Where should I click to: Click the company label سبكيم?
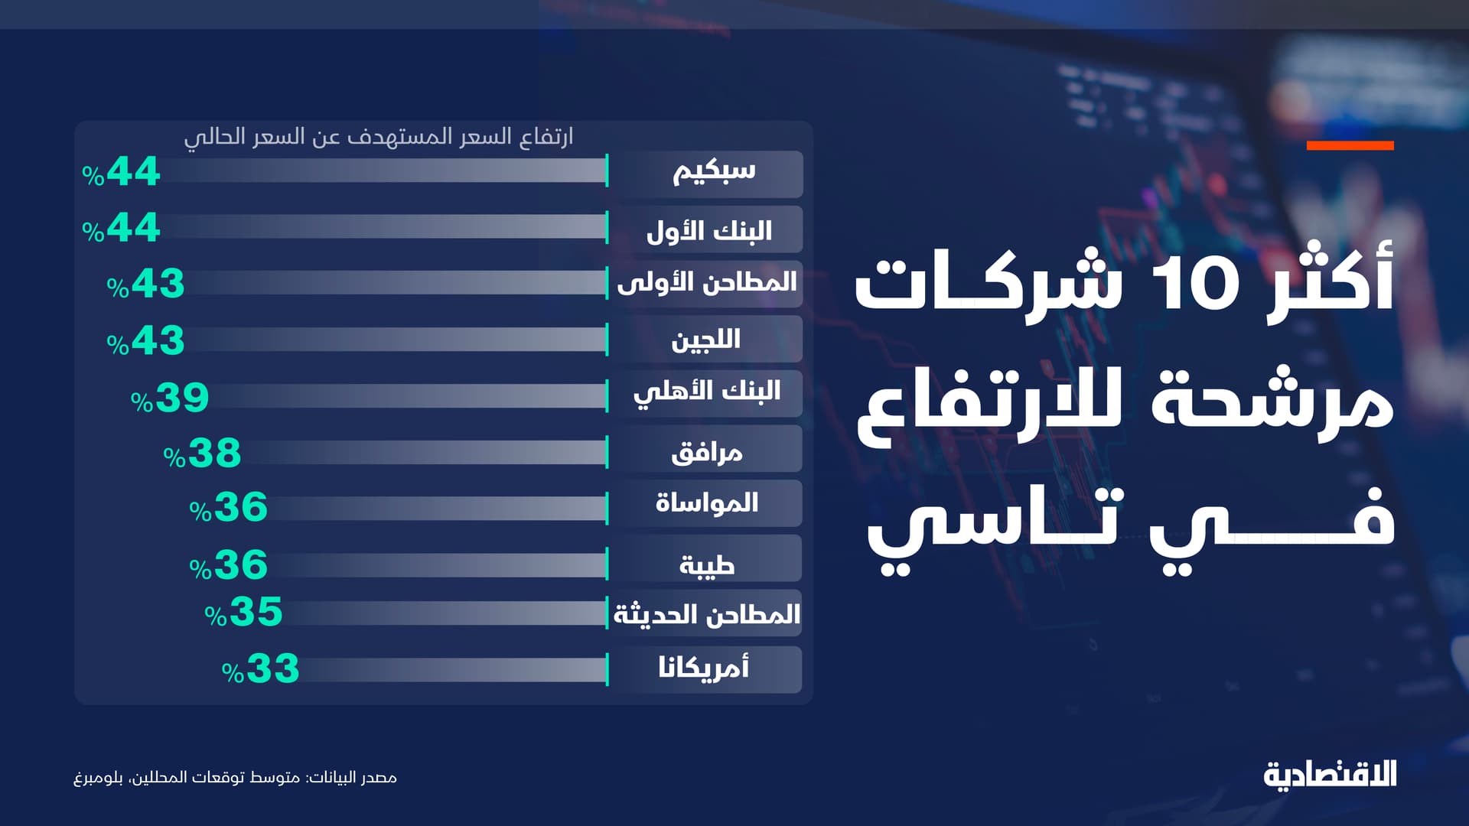coord(713,172)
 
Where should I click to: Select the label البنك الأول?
coord(708,230)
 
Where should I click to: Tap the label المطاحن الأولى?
coord(707,283)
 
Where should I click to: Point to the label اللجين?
coord(705,340)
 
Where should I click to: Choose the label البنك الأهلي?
coord(707,392)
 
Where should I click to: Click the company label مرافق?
coord(706,452)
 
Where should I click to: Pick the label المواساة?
coord(707,503)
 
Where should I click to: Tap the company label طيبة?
coord(707,564)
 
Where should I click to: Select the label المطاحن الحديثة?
coord(707,614)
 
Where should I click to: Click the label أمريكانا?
coord(704,668)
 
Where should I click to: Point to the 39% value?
coord(170,398)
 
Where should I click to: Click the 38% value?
coord(203,454)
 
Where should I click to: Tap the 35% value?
coord(244,612)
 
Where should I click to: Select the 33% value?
coord(261,669)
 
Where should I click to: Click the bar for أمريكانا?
coord(451,671)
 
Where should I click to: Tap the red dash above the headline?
coord(1350,145)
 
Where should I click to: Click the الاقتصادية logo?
coord(1330,774)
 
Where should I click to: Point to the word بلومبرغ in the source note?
coord(98,778)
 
